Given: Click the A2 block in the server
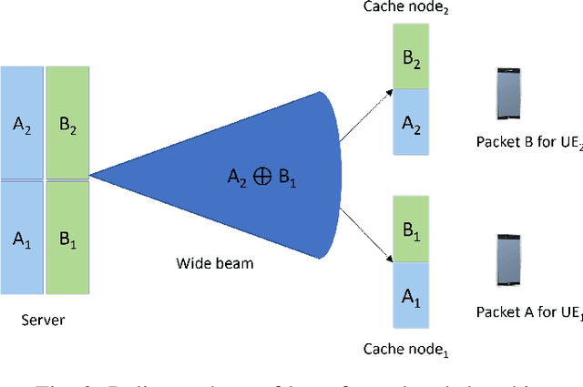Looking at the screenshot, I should (x=22, y=123).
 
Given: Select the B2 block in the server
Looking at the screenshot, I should (x=66, y=123).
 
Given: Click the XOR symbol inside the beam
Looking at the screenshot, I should (x=261, y=178).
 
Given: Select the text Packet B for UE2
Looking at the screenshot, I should (x=527, y=141).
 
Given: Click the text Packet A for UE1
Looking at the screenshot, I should (x=527, y=312).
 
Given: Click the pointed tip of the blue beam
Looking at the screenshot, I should (x=91, y=173).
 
